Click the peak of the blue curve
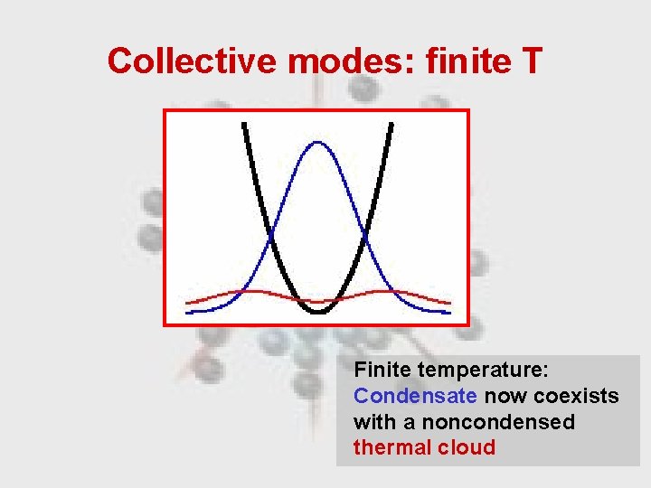click(317, 142)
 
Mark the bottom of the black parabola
click(317, 311)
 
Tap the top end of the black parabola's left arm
click(243, 124)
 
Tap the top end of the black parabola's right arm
click(392, 124)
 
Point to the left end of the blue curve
click(188, 312)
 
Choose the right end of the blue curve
click(448, 312)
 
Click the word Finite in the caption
click(383, 371)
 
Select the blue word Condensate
click(415, 396)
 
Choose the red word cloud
click(465, 447)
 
